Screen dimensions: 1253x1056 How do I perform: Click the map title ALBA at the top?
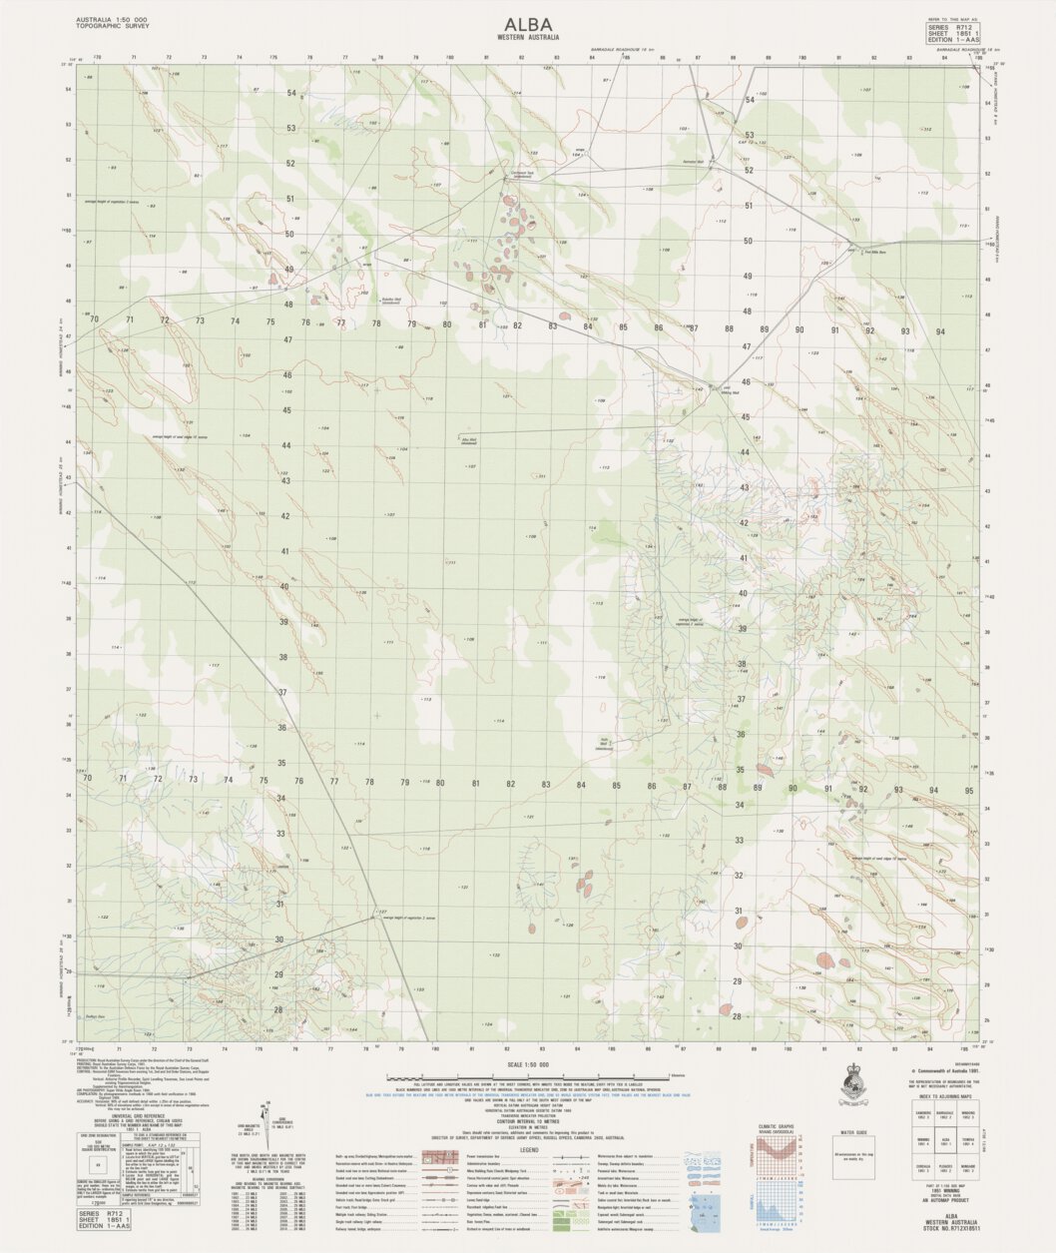(528, 24)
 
